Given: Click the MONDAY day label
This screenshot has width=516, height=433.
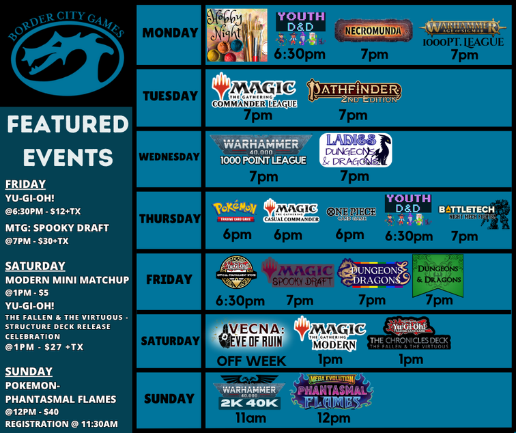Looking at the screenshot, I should pos(169,33).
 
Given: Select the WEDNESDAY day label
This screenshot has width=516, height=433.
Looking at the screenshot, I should pos(169,157).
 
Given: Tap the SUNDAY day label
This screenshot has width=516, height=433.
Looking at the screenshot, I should pos(169,399).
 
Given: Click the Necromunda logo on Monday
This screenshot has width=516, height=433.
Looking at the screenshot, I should pos(373,31).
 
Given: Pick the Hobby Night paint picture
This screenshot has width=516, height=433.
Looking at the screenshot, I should pos(237,36).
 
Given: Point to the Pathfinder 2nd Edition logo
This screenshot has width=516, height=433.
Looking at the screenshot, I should pos(354,91).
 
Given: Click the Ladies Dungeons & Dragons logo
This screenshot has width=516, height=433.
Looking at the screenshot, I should pos(355,150).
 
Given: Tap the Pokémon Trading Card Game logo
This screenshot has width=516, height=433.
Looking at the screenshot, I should pos(235,210).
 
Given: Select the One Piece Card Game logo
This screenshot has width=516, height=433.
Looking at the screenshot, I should pos(351,212).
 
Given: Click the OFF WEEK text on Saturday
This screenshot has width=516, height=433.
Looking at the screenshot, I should pos(251,361).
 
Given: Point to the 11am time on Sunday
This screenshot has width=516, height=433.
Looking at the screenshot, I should pos(251,417).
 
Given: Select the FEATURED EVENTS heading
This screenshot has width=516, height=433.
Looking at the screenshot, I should pos(68,141).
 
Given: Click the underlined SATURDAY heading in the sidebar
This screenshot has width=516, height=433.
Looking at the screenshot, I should pos(35,266).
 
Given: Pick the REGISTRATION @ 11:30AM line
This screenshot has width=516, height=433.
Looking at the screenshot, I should pos(61,424).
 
